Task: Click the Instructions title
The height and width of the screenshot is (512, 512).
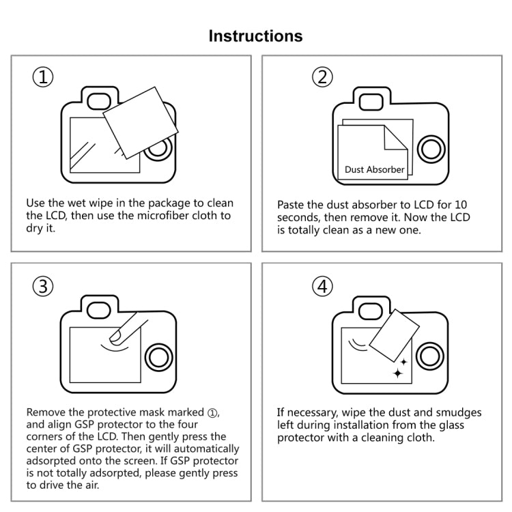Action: coord(255,35)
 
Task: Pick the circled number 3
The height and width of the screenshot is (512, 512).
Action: coord(43,287)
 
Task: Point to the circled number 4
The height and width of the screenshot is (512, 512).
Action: coord(322,287)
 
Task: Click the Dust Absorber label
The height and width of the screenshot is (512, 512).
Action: coord(374,169)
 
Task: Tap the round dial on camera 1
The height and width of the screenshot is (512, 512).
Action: coord(159,148)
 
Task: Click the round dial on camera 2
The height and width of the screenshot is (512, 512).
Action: coord(431,148)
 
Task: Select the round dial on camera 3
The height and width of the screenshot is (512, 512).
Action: coord(159,356)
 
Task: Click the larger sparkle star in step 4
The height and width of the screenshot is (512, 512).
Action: coord(398,373)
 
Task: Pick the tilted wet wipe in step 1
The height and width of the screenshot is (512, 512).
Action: coord(137,122)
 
